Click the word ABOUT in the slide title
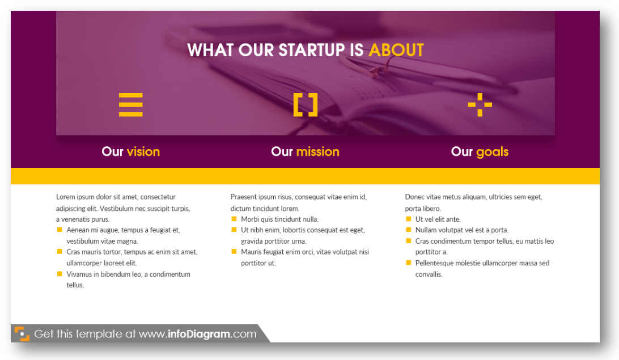coord(396,50)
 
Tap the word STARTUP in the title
coord(311,50)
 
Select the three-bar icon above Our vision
coord(131,105)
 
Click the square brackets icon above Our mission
coord(305,105)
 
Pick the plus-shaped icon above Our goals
coord(480,105)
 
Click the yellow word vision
coord(143,151)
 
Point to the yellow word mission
coord(318,151)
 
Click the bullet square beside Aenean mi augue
coord(60,230)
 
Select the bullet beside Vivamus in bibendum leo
coord(60,274)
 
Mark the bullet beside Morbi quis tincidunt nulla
coord(234,219)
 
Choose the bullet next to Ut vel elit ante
coord(409,219)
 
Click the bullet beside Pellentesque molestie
coord(409,262)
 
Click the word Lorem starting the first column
coord(65,197)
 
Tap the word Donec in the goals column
coord(414,197)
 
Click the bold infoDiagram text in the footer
coord(198,334)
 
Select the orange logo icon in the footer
coord(22,333)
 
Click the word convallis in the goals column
coord(429,274)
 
